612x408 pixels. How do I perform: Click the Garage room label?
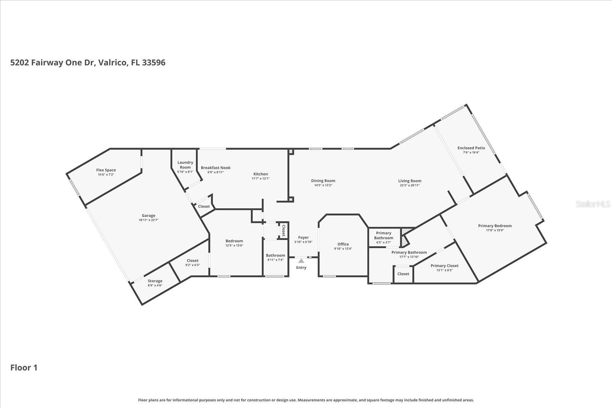(148, 216)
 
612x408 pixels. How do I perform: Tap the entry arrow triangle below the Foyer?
(301, 261)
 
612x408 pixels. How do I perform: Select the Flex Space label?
(106, 170)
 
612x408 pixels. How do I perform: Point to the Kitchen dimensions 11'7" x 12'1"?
(260, 179)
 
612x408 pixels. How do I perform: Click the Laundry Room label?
(185, 165)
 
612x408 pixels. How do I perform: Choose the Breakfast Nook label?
(216, 167)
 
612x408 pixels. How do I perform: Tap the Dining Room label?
(323, 181)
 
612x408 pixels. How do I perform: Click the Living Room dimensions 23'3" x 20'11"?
(410, 185)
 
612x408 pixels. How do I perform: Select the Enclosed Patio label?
(471, 148)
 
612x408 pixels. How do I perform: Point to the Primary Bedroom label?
(495, 226)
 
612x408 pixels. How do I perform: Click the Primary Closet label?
(444, 266)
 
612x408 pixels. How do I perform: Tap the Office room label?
(343, 244)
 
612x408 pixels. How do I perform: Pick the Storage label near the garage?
(155, 281)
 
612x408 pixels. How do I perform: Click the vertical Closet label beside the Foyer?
(283, 231)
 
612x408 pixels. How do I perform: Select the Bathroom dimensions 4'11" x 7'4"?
(275, 260)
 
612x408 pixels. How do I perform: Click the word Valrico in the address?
(112, 62)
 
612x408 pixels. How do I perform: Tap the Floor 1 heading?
(24, 367)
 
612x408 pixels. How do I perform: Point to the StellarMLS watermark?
(593, 204)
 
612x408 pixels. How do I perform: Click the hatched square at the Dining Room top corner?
(291, 152)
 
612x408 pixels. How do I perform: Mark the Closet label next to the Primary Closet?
(403, 274)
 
